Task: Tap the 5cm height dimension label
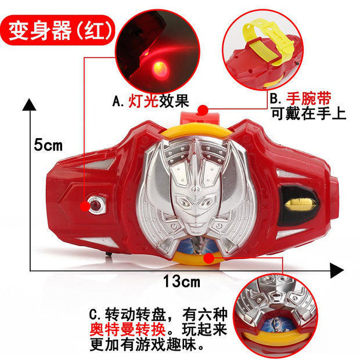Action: coord(48,145)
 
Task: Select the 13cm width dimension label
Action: coord(181,281)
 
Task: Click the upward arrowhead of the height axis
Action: coord(29,105)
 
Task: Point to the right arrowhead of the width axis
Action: coord(337,271)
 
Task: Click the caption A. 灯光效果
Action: coord(150,101)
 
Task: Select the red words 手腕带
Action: coord(308,99)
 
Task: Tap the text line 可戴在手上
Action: coord(308,113)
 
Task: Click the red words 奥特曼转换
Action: coord(128,330)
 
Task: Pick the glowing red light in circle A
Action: coord(160,68)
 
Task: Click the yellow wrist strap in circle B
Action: coord(267,44)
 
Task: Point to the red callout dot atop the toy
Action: coord(203,110)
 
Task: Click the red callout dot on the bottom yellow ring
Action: coord(208,258)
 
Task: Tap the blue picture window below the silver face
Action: coord(197,245)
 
